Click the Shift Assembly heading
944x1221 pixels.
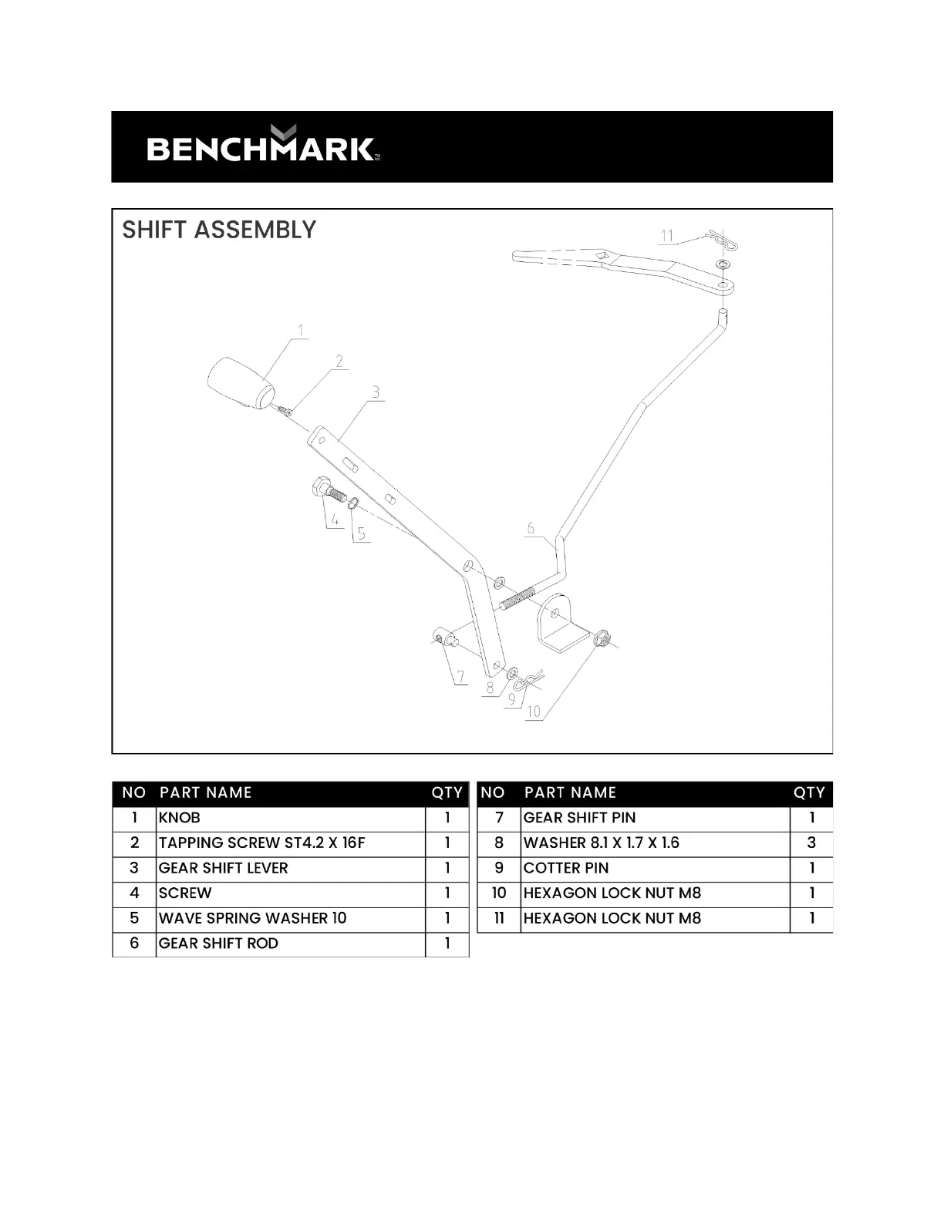click(x=219, y=230)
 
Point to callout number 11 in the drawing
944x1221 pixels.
click(x=667, y=235)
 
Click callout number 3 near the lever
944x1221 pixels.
click(x=376, y=392)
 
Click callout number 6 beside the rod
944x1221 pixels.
click(x=531, y=528)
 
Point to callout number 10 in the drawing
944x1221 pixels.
click(x=534, y=711)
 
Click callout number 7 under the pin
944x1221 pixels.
click(x=460, y=678)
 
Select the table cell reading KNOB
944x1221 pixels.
click(x=179, y=818)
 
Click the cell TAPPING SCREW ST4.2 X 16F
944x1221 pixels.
click(x=261, y=843)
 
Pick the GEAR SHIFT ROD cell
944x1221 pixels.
click(x=218, y=943)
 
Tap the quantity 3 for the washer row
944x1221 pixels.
click(x=811, y=843)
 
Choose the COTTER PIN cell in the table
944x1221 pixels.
click(x=566, y=868)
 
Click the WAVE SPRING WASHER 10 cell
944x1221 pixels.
click(x=252, y=918)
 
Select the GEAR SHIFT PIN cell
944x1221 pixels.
click(x=579, y=818)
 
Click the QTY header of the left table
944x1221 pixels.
click(x=447, y=792)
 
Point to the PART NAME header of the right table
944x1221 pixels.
click(x=570, y=792)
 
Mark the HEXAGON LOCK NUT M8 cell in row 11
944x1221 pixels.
click(x=612, y=918)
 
